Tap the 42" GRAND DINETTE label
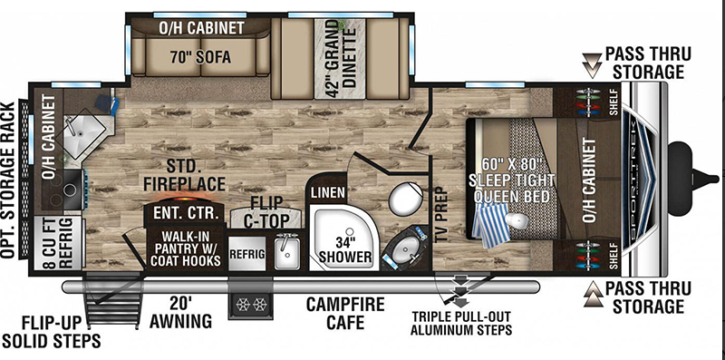(340, 58)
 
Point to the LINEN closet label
(328, 191)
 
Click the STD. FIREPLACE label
(184, 175)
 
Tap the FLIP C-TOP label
(266, 211)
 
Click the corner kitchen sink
(83, 131)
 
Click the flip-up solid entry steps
(112, 299)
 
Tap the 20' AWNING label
(180, 313)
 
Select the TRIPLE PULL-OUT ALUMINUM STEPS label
(461, 323)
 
